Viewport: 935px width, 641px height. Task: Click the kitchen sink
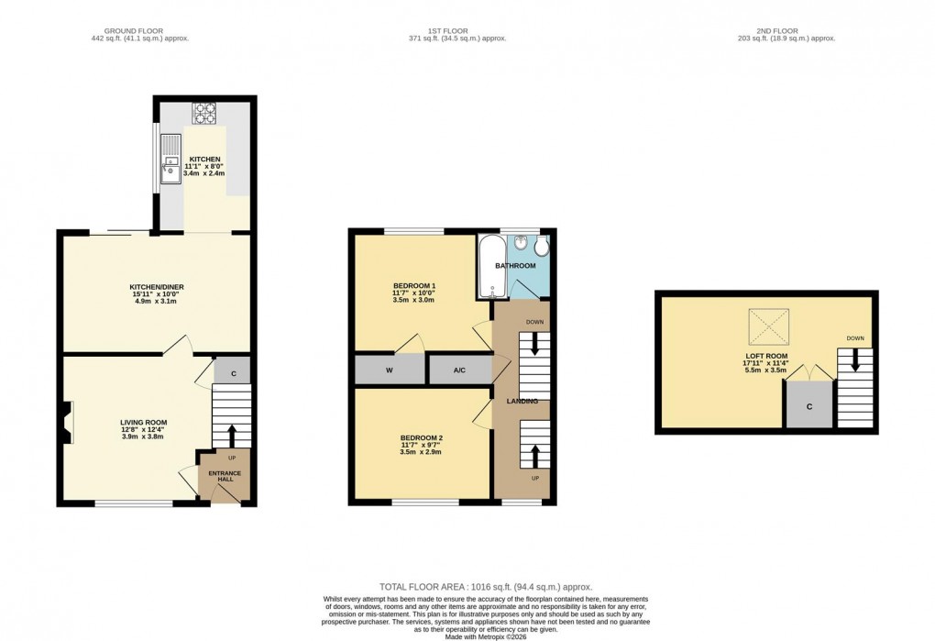[x=171, y=159]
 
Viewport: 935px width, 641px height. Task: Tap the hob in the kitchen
[x=203, y=113]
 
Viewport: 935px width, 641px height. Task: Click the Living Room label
[x=144, y=423]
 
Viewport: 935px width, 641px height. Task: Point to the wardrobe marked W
[x=390, y=370]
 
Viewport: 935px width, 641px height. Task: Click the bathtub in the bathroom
[x=489, y=266]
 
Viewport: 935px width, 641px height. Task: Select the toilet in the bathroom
[x=541, y=248]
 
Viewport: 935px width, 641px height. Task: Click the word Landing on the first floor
[x=522, y=401]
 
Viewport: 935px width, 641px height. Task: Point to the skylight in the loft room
[x=768, y=326]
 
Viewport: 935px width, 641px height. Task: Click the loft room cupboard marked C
[x=809, y=404]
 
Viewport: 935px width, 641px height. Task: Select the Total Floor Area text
[x=486, y=586]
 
